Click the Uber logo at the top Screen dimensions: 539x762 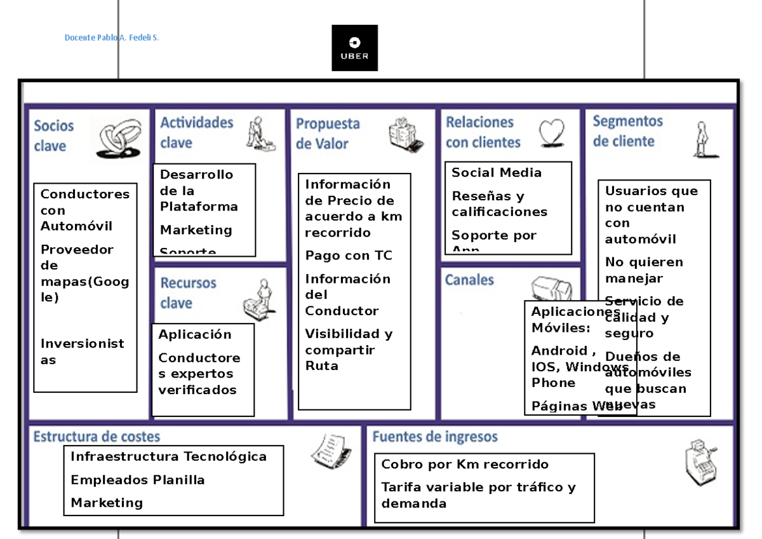[x=354, y=48]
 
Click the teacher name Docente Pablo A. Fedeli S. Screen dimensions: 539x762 [x=112, y=38]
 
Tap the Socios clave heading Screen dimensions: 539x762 [x=54, y=135]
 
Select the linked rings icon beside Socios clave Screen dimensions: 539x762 [x=120, y=139]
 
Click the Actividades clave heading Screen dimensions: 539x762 [x=197, y=132]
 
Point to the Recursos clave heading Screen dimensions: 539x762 [x=188, y=292]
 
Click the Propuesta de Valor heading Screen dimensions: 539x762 [x=328, y=133]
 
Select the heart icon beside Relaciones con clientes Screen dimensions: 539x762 [x=551, y=133]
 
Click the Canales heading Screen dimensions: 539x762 [x=469, y=280]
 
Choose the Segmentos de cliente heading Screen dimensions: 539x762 [x=628, y=130]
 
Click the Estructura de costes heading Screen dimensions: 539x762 [x=97, y=437]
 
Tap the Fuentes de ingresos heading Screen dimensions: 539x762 [x=435, y=437]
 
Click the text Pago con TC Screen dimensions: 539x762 [x=349, y=256]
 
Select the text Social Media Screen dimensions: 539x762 [x=497, y=173]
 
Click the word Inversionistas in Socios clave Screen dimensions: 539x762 [x=83, y=351]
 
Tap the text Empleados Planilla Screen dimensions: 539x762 [x=138, y=480]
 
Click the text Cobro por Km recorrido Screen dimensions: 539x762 [x=465, y=464]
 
